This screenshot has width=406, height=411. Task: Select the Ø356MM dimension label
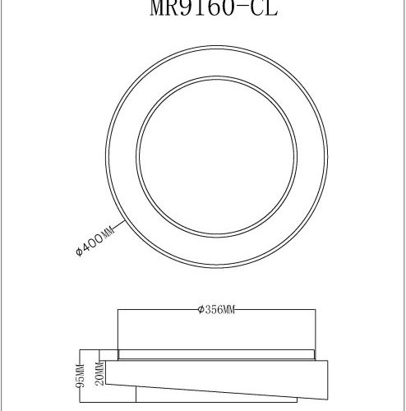coord(217,310)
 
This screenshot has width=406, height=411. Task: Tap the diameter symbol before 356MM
coord(201,310)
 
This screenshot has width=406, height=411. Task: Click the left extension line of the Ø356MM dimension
coord(119,329)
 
